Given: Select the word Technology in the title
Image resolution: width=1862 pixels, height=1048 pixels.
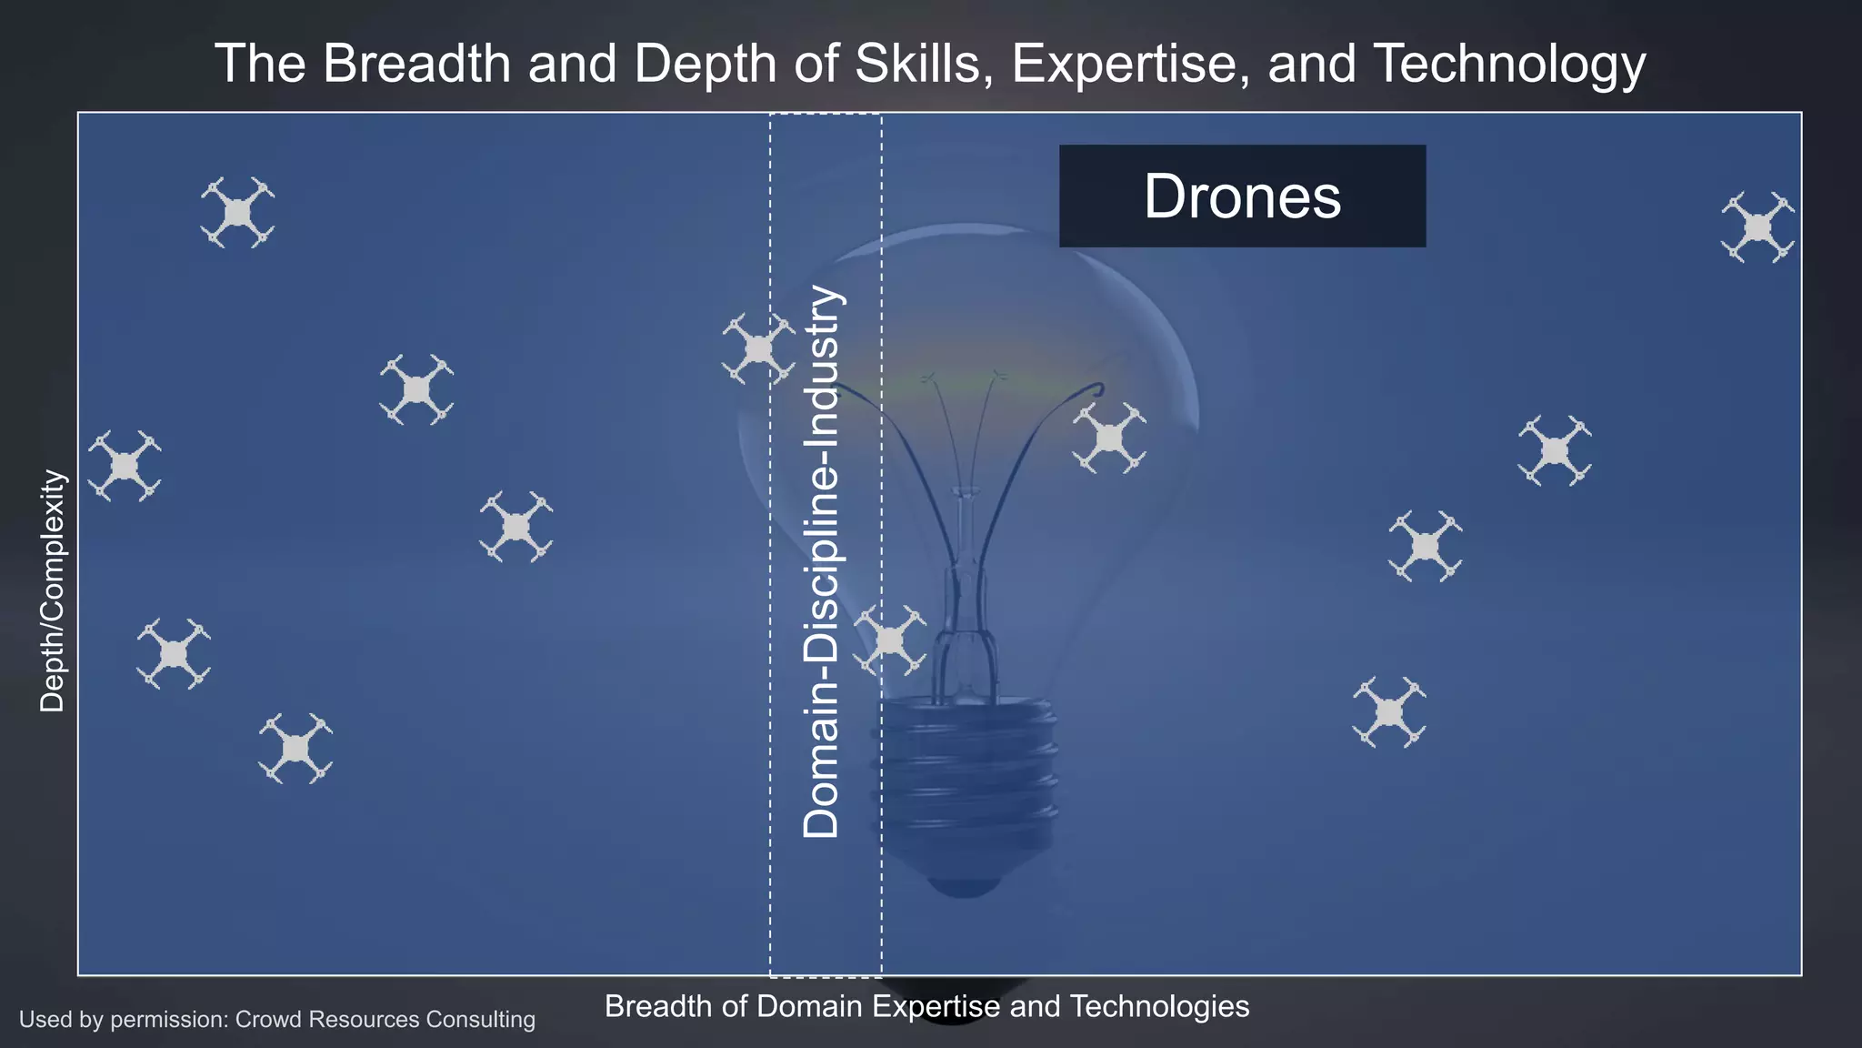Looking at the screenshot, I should coord(1509,64).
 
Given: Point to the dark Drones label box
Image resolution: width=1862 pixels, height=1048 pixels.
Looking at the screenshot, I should coord(1242,196).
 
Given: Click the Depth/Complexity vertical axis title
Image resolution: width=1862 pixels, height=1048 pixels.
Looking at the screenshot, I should coord(53,591).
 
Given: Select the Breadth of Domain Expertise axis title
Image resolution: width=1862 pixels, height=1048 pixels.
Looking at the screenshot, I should coord(926,1006).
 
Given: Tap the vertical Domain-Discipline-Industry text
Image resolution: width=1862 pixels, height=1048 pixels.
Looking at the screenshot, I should coord(823,561).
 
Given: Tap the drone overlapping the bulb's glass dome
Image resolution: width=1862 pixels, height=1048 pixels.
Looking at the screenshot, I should coord(1109,438).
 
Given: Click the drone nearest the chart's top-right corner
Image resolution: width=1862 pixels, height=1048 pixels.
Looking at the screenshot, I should coord(1757,227).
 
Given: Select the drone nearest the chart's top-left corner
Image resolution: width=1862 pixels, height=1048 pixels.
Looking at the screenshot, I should coord(237,213).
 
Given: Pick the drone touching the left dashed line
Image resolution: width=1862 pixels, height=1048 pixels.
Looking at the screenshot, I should coord(758,348).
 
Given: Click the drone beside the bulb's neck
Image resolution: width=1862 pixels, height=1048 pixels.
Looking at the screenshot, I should coord(889,640).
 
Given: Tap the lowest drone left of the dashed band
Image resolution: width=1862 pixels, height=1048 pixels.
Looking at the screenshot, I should coord(295,749).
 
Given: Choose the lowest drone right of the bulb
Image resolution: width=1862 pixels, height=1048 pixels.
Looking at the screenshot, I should coord(1388,712).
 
